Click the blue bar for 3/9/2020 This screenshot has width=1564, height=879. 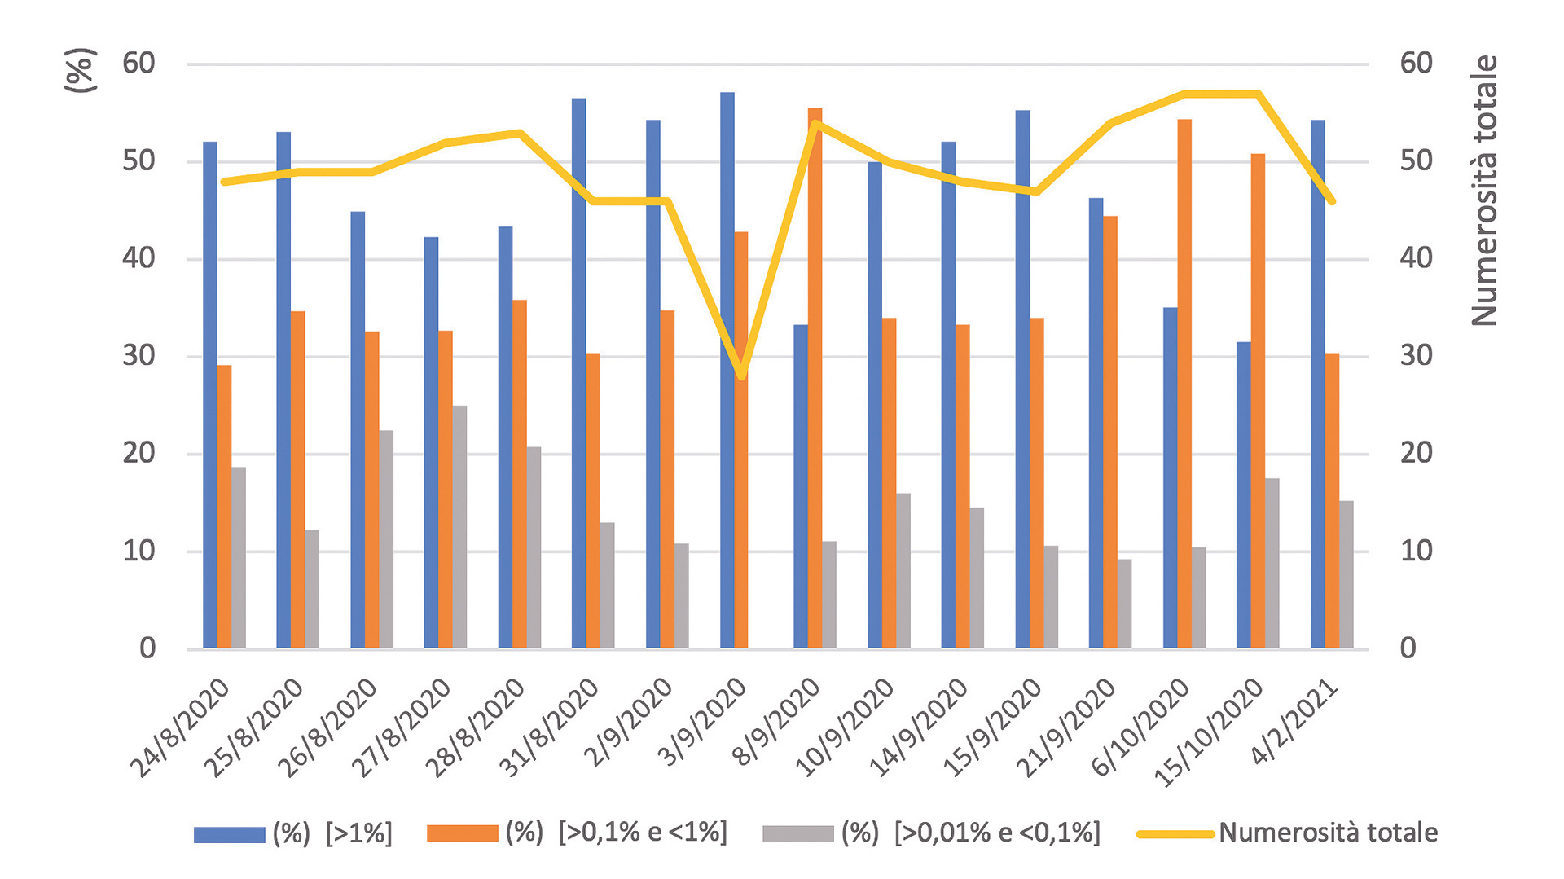point(727,371)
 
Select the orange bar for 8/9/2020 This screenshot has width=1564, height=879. point(815,379)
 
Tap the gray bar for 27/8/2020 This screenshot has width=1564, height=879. point(459,527)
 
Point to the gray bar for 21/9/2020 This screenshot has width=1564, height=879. point(1124,604)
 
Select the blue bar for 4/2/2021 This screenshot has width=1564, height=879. point(1318,385)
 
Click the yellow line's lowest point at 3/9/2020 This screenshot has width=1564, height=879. point(741,376)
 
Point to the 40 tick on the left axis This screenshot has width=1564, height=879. point(139,259)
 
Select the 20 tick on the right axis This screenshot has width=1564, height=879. point(1417,453)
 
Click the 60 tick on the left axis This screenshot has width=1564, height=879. point(139,64)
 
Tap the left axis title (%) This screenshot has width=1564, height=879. point(81,70)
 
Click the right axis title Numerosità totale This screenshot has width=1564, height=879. point(1485,191)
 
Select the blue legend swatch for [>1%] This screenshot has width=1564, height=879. point(230,834)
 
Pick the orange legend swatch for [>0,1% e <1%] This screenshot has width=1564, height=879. point(463,834)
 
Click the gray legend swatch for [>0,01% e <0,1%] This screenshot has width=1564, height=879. point(798,834)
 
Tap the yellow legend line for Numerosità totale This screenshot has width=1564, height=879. point(1175,834)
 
